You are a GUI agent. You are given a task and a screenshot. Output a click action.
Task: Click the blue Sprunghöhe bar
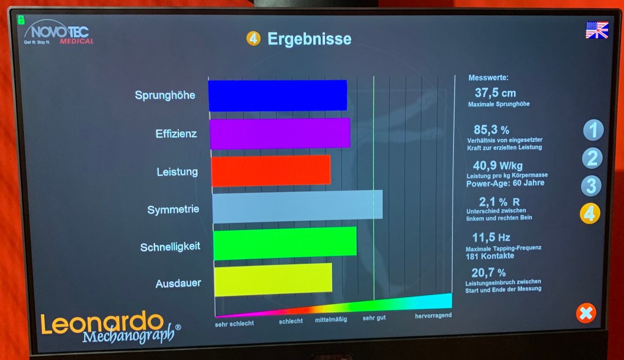[277, 95]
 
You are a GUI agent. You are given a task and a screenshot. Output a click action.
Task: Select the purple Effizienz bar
[280, 133]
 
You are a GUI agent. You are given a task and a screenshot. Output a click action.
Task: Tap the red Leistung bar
[271, 171]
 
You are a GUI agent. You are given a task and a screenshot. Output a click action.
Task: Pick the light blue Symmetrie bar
[297, 207]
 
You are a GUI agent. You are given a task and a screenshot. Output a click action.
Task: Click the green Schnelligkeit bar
[285, 243]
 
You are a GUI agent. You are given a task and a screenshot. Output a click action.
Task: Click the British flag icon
[596, 30]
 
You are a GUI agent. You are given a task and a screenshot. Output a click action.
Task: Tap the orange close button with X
[586, 313]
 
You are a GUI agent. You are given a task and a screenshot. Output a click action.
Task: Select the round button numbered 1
[593, 130]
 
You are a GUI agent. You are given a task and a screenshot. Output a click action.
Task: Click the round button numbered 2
[592, 158]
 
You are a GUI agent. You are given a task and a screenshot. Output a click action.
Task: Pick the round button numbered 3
[591, 186]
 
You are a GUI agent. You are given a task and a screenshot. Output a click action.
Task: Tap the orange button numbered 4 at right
[590, 214]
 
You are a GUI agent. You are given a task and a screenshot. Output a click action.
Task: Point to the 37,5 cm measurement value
[495, 93]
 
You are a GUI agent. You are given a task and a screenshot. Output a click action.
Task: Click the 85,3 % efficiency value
[492, 129]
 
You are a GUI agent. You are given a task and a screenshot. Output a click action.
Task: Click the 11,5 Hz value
[491, 238]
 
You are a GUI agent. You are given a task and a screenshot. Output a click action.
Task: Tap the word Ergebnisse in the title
[309, 39]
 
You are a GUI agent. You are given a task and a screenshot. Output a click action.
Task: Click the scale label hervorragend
[433, 316]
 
